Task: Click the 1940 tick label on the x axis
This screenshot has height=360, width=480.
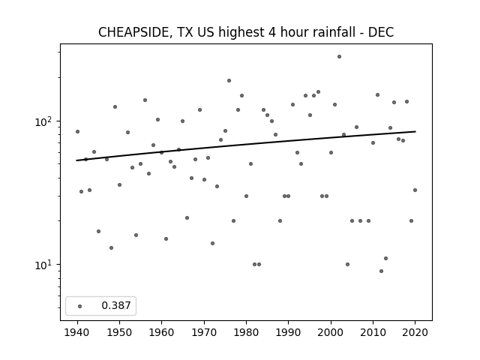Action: (x=77, y=332)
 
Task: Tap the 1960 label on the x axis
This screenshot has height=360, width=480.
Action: (x=162, y=332)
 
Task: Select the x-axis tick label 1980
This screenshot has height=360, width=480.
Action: (x=247, y=332)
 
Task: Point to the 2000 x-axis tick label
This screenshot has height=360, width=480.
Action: (x=331, y=332)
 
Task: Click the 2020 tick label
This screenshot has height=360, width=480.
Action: (x=415, y=332)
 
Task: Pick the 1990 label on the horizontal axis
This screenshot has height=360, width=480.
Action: (x=288, y=332)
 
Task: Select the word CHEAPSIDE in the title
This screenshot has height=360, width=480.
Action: (x=133, y=32)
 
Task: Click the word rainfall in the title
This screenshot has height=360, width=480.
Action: (x=330, y=32)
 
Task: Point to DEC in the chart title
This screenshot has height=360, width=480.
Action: (x=381, y=32)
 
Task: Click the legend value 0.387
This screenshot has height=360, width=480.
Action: (x=116, y=305)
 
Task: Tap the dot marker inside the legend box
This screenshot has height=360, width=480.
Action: (x=80, y=306)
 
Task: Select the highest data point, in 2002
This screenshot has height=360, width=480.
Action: (x=339, y=57)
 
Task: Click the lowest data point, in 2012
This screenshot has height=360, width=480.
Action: (x=381, y=271)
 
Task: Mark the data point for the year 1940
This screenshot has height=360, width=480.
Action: (x=77, y=132)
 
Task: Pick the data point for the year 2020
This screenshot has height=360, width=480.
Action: (x=415, y=190)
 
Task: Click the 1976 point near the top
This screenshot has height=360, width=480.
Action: (x=229, y=80)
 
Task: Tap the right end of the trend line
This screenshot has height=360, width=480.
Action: (x=415, y=131)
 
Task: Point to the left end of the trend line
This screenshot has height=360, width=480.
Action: (x=76, y=160)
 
